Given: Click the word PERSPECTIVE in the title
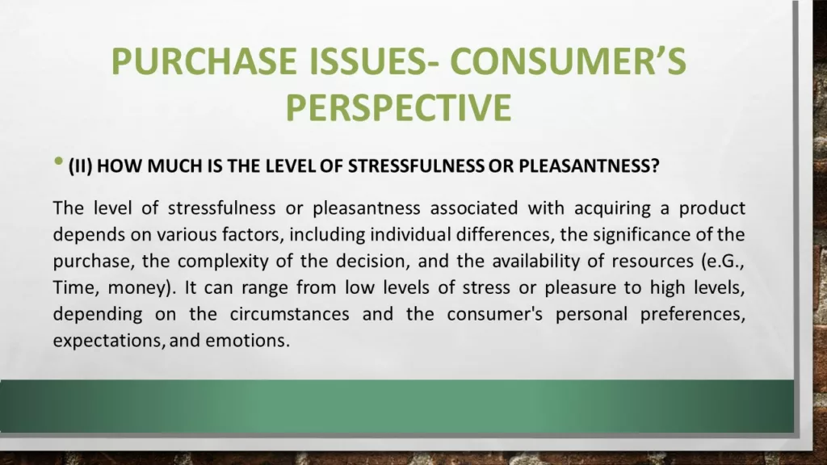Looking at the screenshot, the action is click(399, 107).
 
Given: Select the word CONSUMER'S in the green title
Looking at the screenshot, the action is click(568, 61).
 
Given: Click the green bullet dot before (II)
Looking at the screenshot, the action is click(58, 161).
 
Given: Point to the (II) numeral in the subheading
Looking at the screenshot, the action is click(80, 166).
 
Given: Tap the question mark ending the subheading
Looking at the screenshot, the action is click(655, 166).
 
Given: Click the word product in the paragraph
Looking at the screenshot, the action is click(712, 209).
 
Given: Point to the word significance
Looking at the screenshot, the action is click(641, 236).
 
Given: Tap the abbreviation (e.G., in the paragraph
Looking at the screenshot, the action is click(723, 262).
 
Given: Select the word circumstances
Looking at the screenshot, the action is click(290, 314).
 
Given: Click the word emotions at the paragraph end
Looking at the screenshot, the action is click(247, 341).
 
